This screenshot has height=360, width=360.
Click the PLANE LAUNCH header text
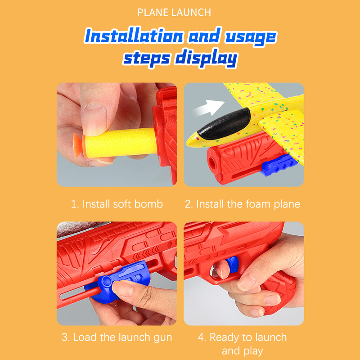click(174, 12)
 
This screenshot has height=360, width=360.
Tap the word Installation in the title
click(134, 36)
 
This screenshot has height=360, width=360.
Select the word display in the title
click(206, 58)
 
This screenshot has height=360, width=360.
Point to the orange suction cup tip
click(78, 145)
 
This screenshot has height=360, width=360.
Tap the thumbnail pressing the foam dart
click(94, 119)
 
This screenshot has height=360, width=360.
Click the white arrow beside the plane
click(209, 107)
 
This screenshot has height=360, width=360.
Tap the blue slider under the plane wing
click(278, 165)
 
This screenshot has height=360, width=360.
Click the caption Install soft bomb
click(117, 204)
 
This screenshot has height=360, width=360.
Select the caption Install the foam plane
click(243, 204)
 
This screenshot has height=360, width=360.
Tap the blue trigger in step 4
click(232, 264)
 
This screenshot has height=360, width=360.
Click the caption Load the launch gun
click(117, 337)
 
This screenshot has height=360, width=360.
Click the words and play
click(242, 351)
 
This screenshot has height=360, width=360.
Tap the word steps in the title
click(147, 58)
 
